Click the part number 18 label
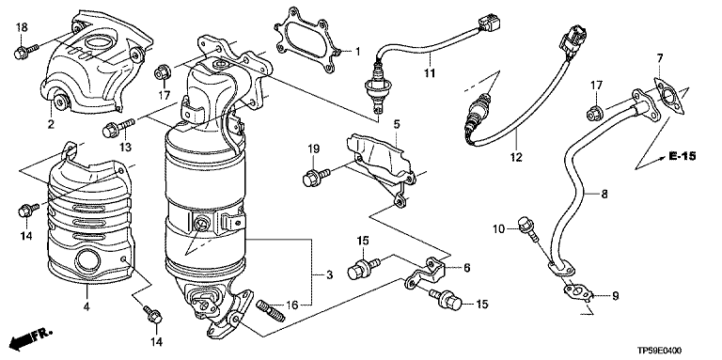pos(23,27)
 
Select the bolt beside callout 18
pos(26,51)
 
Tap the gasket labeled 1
pos(307,40)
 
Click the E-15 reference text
pos(682,157)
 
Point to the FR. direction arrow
pos(30,338)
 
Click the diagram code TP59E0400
pos(659,351)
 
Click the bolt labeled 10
pos(527,229)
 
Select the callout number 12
pos(516,157)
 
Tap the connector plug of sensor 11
pos(490,23)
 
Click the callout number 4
pos(86,305)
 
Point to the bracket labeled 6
pos(425,274)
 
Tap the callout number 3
pos(329,275)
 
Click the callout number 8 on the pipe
pos(604,194)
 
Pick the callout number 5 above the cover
pos(397,123)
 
